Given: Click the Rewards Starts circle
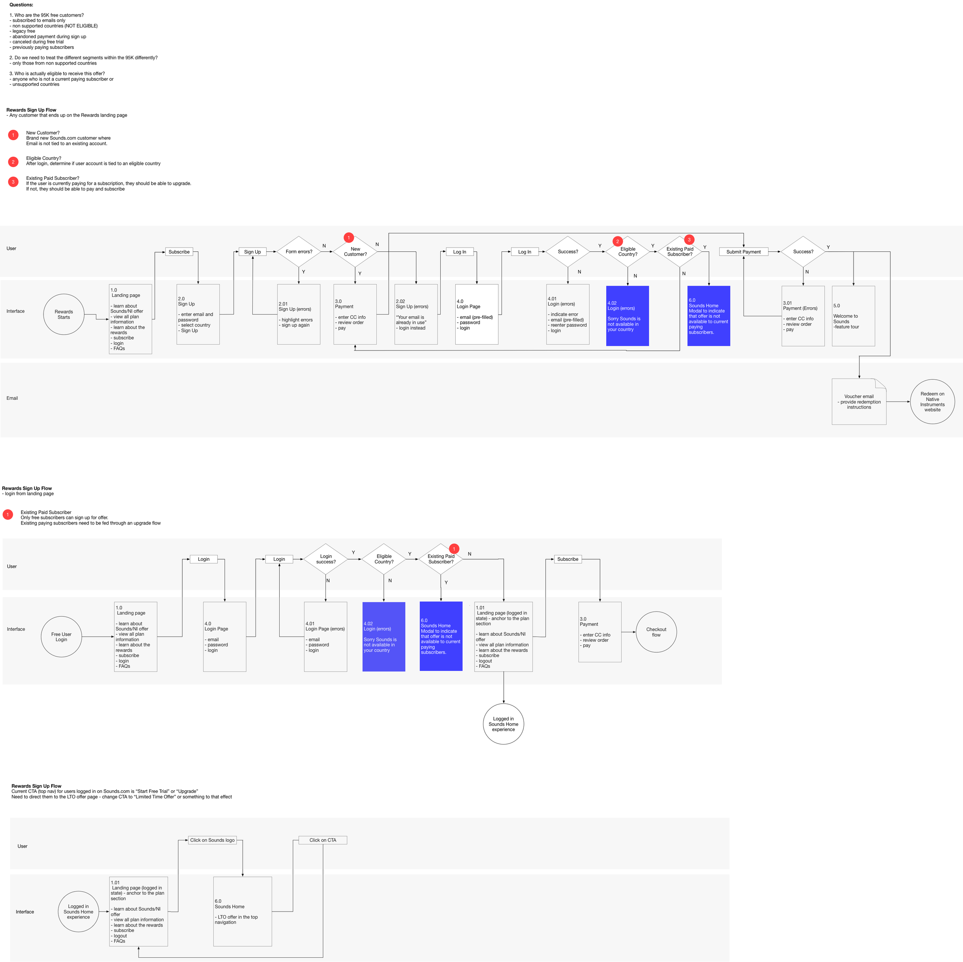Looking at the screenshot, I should point(64,314).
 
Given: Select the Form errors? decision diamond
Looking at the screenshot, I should point(299,252).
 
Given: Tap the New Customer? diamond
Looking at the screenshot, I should point(355,252).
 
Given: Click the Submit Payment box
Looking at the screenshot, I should point(743,252).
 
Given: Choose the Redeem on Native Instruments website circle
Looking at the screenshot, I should point(932,402).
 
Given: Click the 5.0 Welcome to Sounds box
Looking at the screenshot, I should point(853,316).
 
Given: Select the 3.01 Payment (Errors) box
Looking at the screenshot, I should point(802,316).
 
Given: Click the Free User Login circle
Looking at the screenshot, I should point(61,637).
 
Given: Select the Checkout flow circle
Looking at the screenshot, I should point(656,632).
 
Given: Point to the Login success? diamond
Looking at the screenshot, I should point(325,559).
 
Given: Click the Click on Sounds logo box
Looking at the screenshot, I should point(212,840).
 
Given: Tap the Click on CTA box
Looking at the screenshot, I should point(322,840).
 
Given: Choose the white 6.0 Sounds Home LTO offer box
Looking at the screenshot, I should point(242,911).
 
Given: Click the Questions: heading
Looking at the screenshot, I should point(21,5).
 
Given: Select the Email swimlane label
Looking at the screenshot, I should point(12,398).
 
